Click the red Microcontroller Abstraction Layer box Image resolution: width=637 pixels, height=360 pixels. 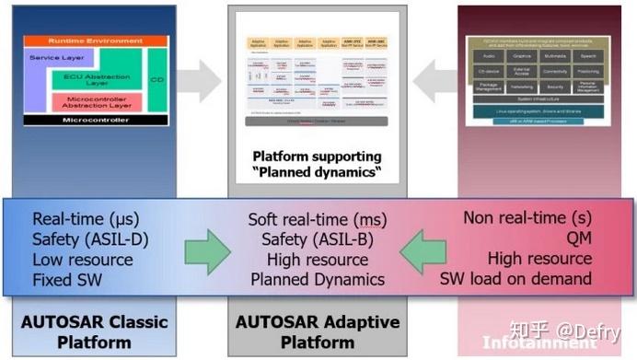(x=102, y=102)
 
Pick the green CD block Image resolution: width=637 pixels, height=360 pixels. (x=157, y=80)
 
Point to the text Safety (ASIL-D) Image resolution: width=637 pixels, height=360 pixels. (x=89, y=239)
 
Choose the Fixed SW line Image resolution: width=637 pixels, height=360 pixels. (x=69, y=280)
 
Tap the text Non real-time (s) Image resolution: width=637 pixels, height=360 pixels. (x=527, y=219)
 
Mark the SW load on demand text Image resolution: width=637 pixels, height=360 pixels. (x=527, y=280)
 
